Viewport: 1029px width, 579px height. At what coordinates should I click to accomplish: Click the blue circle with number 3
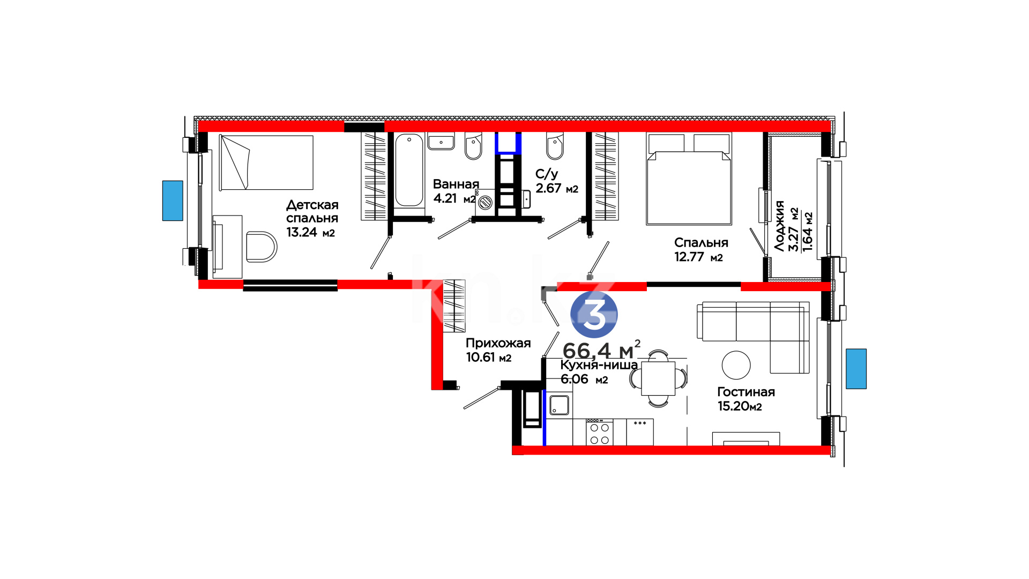(x=594, y=315)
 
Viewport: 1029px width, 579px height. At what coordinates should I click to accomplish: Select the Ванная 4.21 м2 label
(x=455, y=191)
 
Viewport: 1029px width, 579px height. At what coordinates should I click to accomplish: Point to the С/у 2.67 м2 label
(x=557, y=181)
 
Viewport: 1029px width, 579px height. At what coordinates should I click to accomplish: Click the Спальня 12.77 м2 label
(x=700, y=250)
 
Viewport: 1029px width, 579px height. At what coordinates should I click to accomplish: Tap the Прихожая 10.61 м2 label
(x=498, y=350)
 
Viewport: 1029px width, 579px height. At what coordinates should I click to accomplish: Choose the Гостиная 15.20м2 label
(x=745, y=399)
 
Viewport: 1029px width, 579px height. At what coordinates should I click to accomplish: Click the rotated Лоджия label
(x=779, y=226)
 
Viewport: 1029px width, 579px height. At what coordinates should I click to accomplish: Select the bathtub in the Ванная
(x=409, y=170)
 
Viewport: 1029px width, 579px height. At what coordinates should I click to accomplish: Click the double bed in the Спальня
(x=689, y=179)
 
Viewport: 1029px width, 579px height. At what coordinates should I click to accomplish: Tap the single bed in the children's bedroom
(x=266, y=162)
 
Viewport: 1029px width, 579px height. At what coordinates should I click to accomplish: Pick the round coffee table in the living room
(x=736, y=365)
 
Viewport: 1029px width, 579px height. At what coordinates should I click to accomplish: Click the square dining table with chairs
(x=658, y=378)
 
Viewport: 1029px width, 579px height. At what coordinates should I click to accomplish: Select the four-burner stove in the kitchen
(x=599, y=433)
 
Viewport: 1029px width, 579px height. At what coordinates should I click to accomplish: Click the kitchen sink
(x=559, y=405)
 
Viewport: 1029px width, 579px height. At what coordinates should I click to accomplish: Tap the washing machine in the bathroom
(x=486, y=203)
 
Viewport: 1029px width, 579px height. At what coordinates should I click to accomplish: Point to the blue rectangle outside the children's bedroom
(x=173, y=201)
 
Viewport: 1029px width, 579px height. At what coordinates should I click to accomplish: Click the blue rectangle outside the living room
(x=856, y=369)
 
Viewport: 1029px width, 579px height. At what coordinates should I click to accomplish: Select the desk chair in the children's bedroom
(x=261, y=247)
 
